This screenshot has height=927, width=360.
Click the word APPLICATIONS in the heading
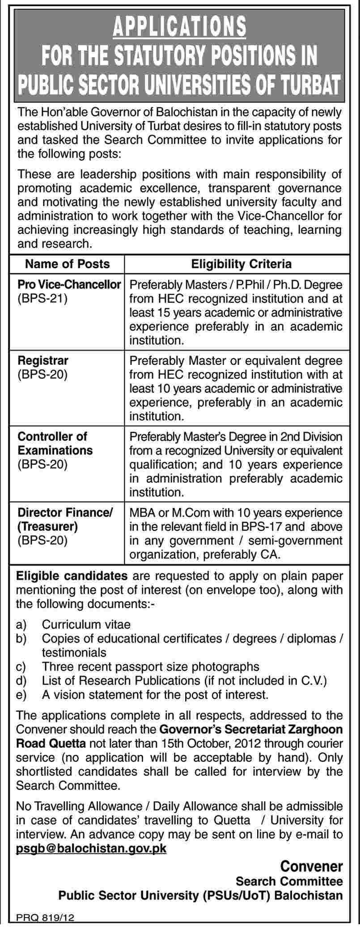coord(179,26)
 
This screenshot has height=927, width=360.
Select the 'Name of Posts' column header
coord(68,264)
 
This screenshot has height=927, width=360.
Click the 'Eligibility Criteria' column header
coord(241,264)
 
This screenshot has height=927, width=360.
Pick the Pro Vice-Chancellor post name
coord(69,284)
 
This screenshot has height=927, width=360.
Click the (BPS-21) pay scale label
coord(42,298)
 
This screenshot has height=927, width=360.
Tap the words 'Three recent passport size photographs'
coord(151,667)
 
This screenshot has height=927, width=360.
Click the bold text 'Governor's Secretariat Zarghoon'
coord(251,729)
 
